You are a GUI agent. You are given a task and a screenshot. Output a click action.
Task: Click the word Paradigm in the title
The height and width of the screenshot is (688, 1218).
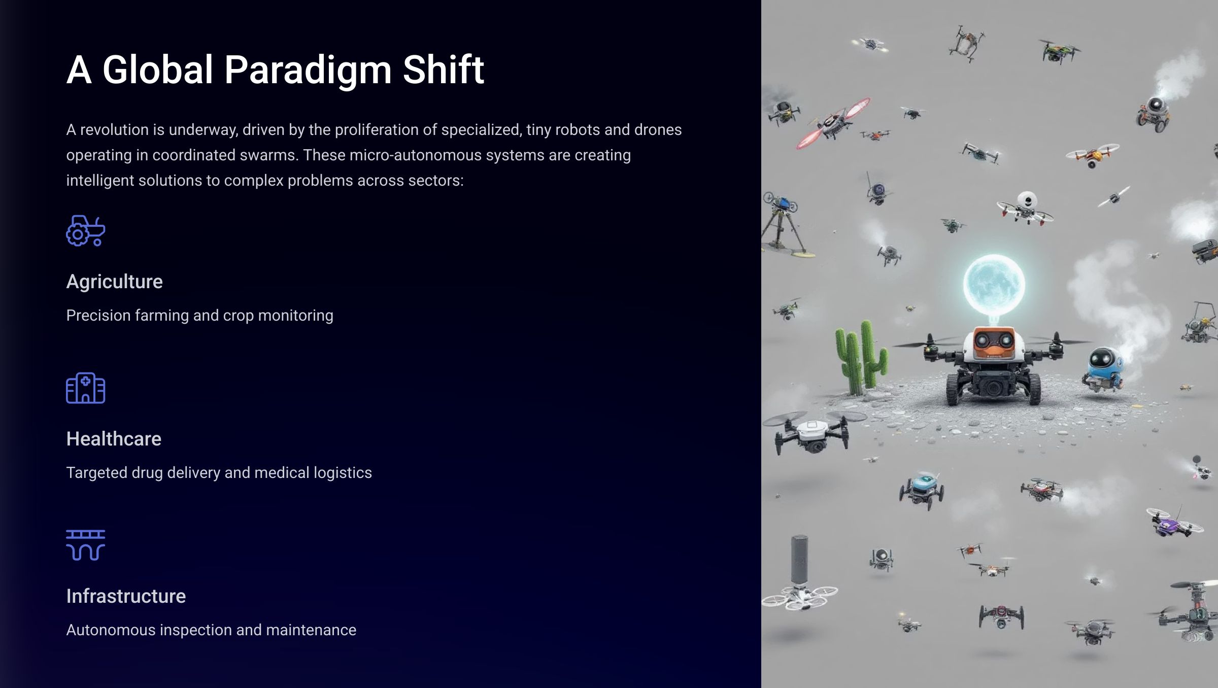pos(308,70)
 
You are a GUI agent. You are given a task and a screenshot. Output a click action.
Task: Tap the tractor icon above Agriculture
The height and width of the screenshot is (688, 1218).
pos(86,231)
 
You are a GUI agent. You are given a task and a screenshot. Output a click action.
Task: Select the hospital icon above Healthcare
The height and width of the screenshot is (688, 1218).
pos(86,388)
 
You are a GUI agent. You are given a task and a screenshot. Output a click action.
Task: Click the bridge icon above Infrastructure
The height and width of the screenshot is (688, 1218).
pos(86,545)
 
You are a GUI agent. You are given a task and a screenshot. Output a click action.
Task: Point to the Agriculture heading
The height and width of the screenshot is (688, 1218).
pos(115,282)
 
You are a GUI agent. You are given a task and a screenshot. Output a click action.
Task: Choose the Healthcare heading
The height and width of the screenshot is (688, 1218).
pos(114,439)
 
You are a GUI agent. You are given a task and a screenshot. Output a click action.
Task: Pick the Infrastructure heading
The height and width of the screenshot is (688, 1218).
pos(126,596)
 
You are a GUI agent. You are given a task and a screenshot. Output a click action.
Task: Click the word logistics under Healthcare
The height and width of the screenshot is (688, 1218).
pos(343,473)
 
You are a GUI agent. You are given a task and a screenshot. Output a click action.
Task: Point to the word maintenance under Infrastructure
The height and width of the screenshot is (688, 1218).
pos(311,630)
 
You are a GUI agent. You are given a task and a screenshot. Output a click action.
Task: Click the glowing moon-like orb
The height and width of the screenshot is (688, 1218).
pos(994,285)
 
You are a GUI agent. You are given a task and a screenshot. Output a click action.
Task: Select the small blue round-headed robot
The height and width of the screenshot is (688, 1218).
pos(1102,368)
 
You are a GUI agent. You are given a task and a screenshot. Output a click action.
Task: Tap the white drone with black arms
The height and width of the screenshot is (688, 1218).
pos(812,431)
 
